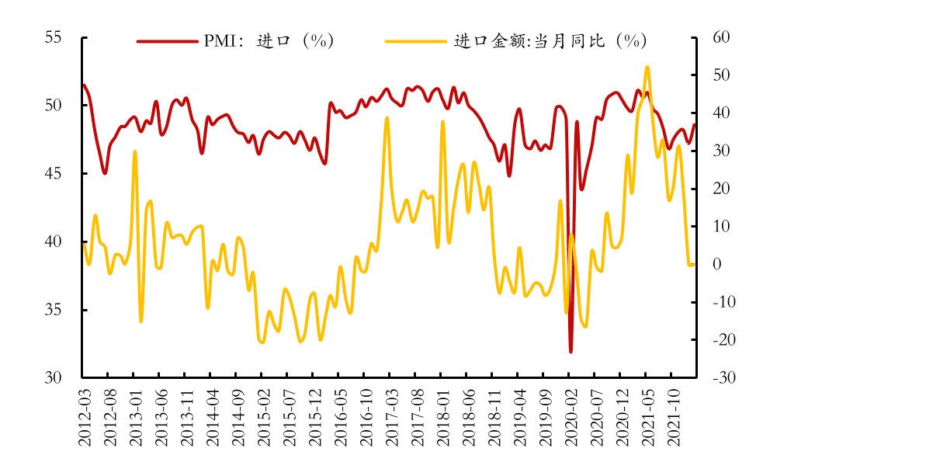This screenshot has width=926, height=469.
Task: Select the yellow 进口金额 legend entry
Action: click(516, 41)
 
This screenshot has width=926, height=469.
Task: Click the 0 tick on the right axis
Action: click(718, 264)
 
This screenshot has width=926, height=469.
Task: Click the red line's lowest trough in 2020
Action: click(571, 352)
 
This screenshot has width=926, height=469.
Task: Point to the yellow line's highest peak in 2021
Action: click(647, 68)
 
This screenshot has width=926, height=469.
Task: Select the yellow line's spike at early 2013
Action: click(135, 152)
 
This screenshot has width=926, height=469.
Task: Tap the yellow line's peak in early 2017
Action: click(387, 118)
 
